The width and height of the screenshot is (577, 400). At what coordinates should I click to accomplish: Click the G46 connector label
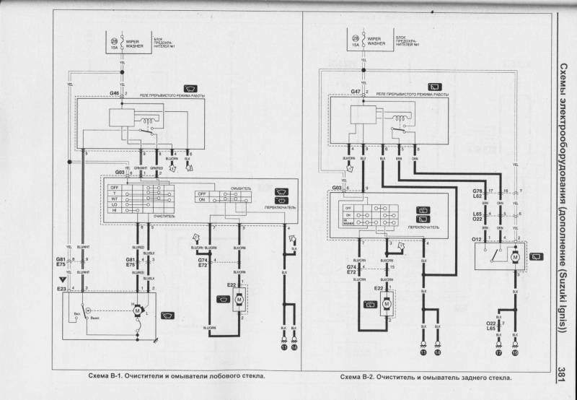115,94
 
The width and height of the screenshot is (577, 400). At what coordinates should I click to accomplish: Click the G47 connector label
356,92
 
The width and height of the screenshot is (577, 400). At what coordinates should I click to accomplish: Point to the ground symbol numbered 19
514,352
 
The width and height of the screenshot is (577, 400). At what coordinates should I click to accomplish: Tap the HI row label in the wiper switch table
114,212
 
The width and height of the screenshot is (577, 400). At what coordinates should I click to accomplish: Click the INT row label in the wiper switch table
114,199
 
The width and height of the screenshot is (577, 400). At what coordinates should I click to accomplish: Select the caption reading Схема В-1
174,376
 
